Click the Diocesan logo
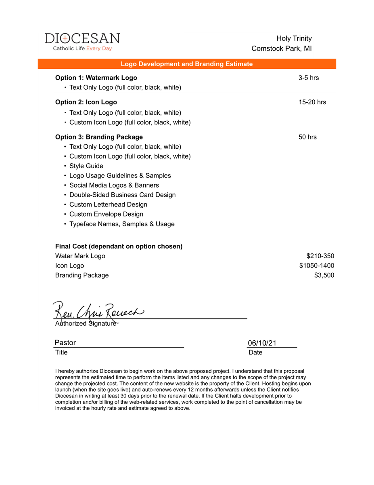pos(82,42)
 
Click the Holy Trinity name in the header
pos(294,38)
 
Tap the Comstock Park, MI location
pos(281,48)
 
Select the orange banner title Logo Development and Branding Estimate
pos(187,64)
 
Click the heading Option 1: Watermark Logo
pos(96,78)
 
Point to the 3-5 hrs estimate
pos(308,78)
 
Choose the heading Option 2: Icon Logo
pos(86,102)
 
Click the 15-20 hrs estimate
pos(312,102)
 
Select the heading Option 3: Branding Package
pos(99,137)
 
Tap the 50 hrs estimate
pos(307,137)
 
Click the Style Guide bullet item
pos(86,166)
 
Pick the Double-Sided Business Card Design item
pos(122,195)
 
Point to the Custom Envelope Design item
pos(106,214)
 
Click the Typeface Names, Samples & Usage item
pos(122,224)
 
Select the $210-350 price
pos(320,256)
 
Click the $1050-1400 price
pos(316,266)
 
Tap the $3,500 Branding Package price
pos(324,275)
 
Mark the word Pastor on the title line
pos(65,343)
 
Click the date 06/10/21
pos(262,343)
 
